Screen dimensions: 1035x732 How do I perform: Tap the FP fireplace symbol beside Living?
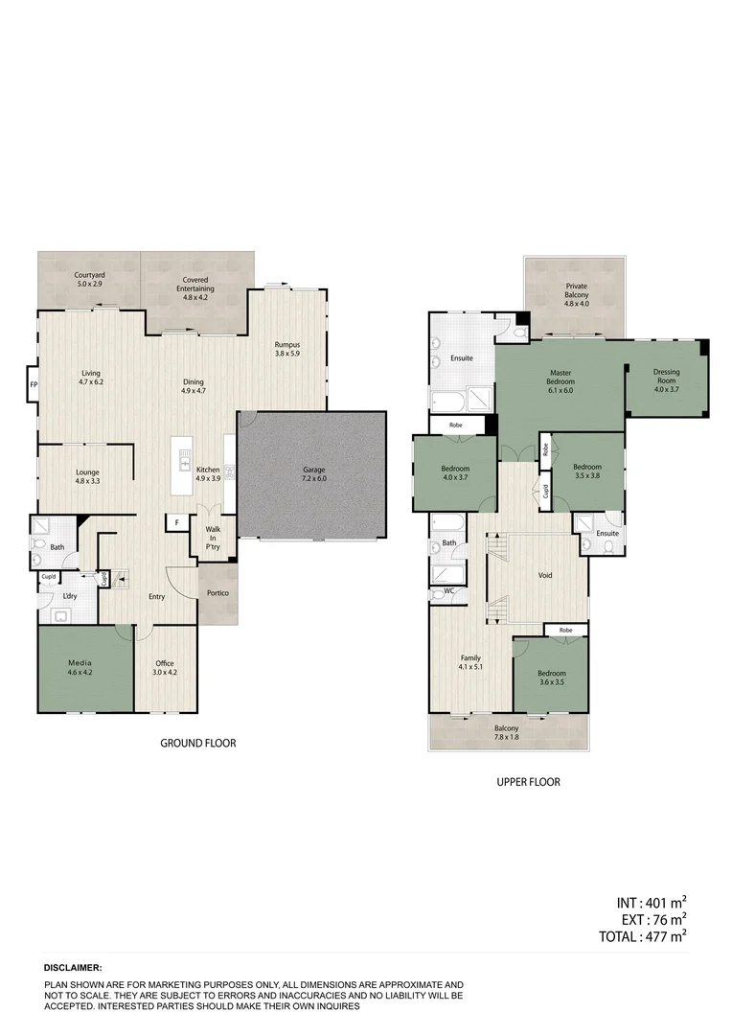click(x=34, y=384)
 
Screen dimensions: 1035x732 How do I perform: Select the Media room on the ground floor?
click(x=84, y=668)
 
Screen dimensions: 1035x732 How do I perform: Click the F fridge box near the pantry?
click(x=176, y=522)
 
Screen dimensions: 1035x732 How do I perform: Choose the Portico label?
click(x=217, y=591)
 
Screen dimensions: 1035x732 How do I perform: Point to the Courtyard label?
click(x=89, y=281)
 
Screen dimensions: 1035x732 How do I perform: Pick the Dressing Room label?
click(x=666, y=377)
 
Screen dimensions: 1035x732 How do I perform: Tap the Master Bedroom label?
click(x=560, y=377)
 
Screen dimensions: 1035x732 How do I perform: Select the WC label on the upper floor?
click(x=447, y=590)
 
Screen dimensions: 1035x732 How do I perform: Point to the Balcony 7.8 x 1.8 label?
click(x=506, y=732)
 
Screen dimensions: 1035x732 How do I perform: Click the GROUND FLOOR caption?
click(x=197, y=743)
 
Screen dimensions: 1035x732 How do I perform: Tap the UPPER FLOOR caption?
click(x=528, y=782)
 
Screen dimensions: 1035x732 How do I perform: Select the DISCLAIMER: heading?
click(x=73, y=969)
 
